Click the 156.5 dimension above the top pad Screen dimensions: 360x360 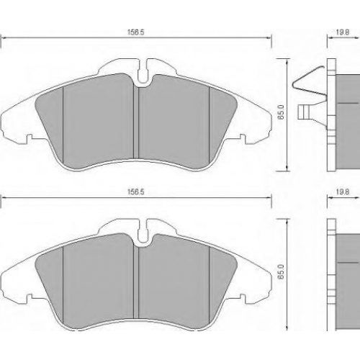(x=135, y=32)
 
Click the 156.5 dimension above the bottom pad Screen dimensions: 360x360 (x=135, y=192)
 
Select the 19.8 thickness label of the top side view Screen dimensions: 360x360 (x=342, y=32)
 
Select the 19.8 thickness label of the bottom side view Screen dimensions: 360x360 (x=342, y=192)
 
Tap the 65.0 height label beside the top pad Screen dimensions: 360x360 (x=281, y=112)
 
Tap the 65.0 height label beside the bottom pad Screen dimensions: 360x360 (x=281, y=271)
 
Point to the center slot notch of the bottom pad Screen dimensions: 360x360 (x=143, y=231)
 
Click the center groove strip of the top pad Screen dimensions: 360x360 (x=136, y=122)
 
